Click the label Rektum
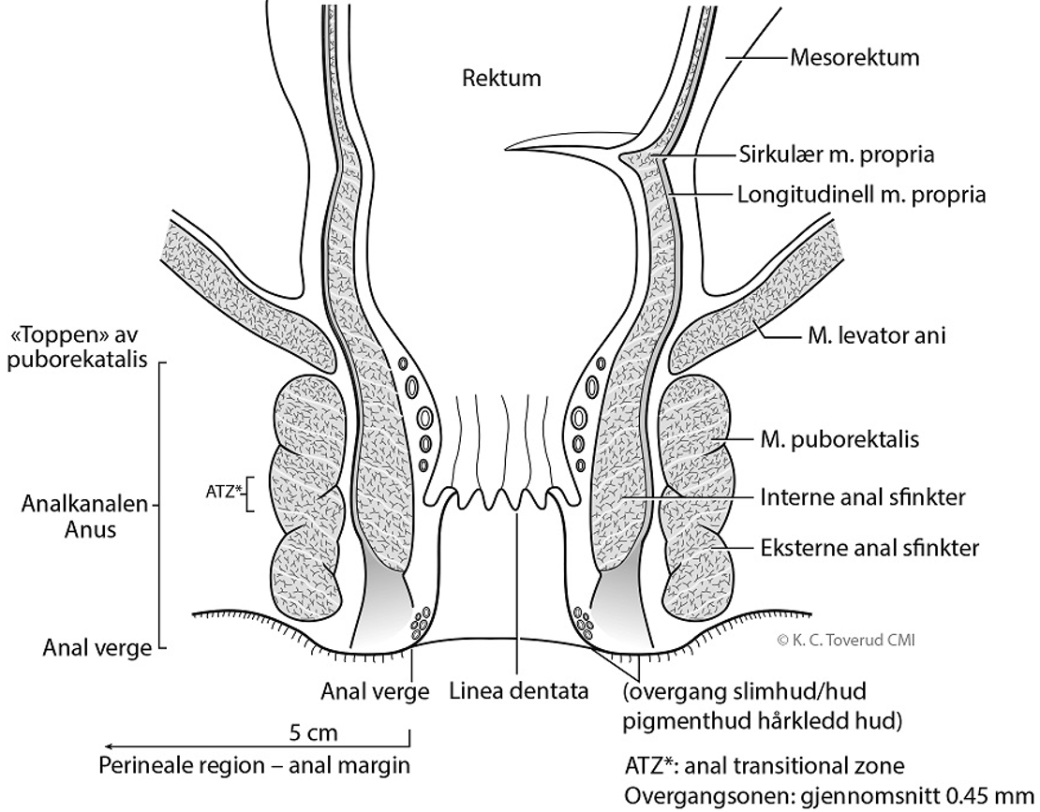pos(501,78)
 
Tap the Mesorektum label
pos(854,58)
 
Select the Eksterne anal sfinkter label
pos(870,548)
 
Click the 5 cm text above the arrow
pos(315,731)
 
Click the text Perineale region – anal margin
pos(255,765)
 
